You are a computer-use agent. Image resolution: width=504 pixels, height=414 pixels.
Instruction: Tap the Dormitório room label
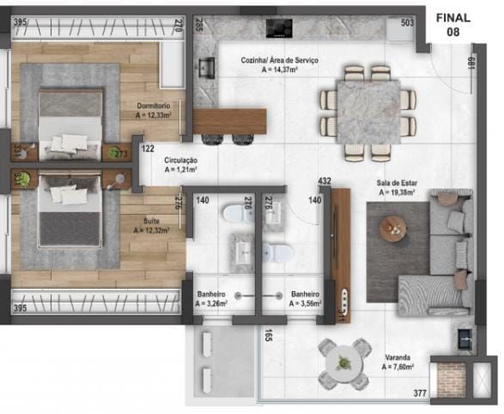(154, 110)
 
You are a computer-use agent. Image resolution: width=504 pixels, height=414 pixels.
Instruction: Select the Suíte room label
(155, 225)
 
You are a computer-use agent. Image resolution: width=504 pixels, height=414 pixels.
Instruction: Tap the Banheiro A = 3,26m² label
(210, 297)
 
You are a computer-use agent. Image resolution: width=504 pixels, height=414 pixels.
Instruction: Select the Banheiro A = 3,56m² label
(305, 297)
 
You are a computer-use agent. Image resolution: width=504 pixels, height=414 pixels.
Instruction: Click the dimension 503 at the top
(407, 23)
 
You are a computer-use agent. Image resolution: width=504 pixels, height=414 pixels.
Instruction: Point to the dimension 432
(325, 181)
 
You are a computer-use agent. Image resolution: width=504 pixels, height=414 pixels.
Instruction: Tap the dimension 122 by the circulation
(148, 149)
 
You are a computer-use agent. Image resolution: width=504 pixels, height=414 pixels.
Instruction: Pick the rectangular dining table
(367, 113)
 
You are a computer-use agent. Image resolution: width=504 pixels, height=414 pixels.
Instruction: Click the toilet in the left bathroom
(232, 214)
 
